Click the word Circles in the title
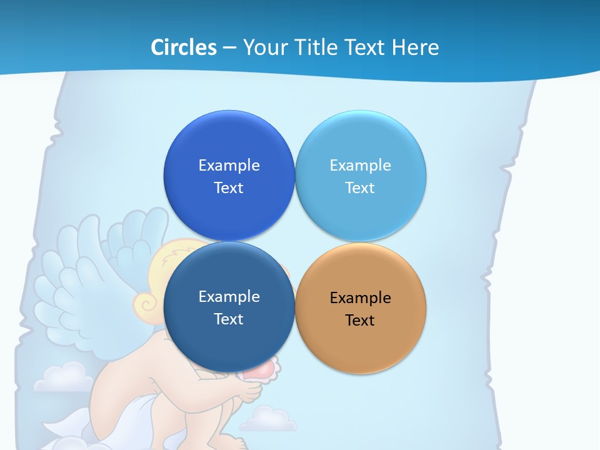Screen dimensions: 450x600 pos(184,47)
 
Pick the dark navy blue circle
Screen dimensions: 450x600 pos(229,341)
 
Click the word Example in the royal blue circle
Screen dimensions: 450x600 pos(229,165)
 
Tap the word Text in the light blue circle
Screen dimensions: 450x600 pos(360,187)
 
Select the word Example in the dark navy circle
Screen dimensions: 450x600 pos(229,296)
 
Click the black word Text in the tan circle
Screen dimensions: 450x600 pos(360,320)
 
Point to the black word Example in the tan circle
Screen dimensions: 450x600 pos(361,297)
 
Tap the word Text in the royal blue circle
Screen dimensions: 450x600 pos(229,187)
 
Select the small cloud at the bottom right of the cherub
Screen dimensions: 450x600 pos(268,419)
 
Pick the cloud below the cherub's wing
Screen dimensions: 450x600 pos(62,377)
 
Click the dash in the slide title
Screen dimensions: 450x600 pos(229,48)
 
